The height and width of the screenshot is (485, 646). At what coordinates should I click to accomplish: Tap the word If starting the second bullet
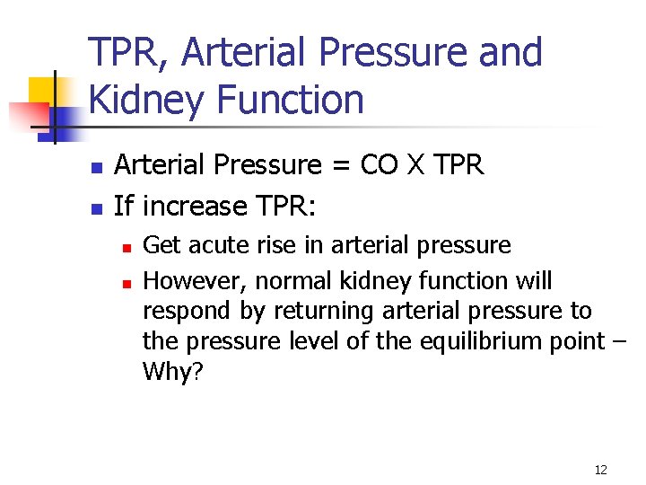click(x=124, y=207)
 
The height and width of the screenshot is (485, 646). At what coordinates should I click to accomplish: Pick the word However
click(x=195, y=281)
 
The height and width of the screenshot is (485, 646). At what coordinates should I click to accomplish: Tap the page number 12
click(x=600, y=470)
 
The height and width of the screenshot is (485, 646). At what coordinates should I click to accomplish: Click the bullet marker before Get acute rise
click(x=127, y=246)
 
